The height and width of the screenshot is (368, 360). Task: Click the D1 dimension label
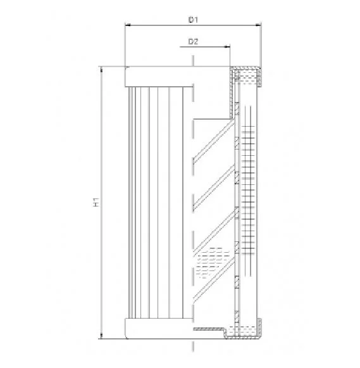[x=193, y=20]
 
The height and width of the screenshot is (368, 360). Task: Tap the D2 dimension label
[x=193, y=42]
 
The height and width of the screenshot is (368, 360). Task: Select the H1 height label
[x=96, y=202]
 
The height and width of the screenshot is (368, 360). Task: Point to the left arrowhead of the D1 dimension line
[x=128, y=25]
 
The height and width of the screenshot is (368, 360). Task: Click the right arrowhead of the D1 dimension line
[x=258, y=25]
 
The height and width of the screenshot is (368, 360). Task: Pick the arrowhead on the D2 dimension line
[x=227, y=47]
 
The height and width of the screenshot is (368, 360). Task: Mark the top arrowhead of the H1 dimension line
[x=101, y=70]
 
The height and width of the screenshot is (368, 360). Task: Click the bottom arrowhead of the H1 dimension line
[x=101, y=336]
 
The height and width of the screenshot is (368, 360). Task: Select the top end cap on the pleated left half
[x=159, y=77]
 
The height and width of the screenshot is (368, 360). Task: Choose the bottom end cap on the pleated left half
[x=159, y=329]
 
